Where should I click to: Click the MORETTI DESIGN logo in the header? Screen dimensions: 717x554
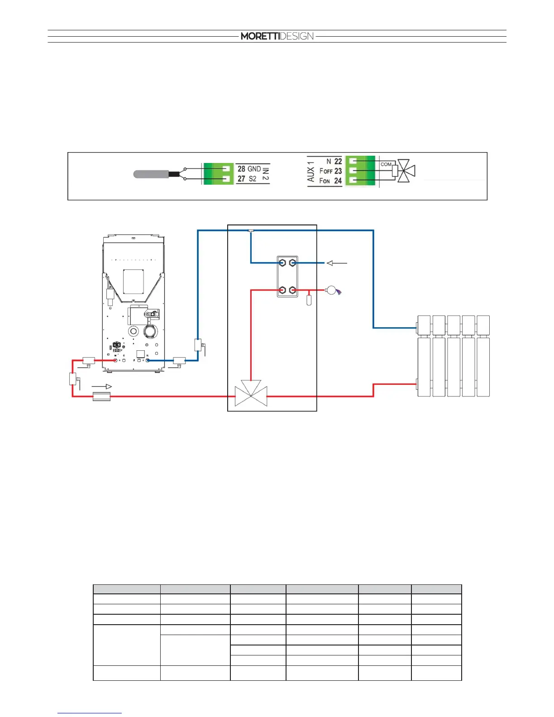277,36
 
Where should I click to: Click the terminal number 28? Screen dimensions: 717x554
241,169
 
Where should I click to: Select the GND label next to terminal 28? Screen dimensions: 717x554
254,169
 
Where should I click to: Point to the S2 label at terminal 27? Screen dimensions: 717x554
253,179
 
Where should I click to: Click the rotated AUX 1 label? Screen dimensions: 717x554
311,171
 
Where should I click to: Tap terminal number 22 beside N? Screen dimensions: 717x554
338,161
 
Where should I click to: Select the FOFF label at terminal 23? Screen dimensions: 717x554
326,171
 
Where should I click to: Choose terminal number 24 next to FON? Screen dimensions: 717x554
338,181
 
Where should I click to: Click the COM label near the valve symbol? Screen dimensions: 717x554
386,164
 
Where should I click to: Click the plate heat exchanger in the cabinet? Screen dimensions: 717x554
287,276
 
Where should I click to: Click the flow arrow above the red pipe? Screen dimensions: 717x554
102,387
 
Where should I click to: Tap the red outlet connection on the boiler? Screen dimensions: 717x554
115,360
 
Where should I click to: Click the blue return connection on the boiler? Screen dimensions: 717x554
148,360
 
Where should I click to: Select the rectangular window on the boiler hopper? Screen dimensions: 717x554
133,282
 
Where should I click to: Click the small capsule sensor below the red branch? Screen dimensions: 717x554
309,300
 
